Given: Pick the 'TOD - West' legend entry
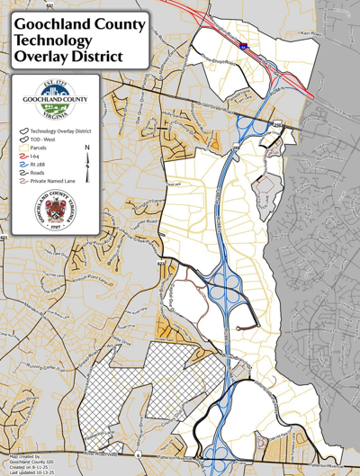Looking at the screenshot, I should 49,139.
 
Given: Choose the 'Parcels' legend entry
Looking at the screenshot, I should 44,148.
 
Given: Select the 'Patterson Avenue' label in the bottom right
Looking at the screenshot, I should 324,465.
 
